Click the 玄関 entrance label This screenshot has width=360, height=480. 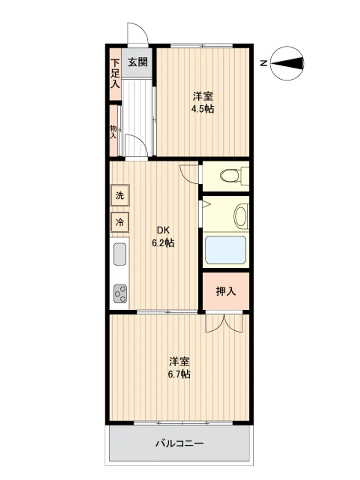(x=138, y=62)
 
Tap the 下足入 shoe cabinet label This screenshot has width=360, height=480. (x=115, y=73)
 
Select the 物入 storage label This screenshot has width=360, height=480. (x=113, y=132)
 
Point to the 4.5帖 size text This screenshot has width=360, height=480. (x=203, y=108)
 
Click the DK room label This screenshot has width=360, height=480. (x=163, y=230)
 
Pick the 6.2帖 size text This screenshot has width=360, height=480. (x=163, y=243)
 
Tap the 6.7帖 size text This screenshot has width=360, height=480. (x=179, y=374)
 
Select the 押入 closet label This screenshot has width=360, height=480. (x=226, y=291)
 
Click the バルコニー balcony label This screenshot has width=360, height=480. (x=180, y=443)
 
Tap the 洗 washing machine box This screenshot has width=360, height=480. (x=120, y=195)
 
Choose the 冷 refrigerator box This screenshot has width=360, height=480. (x=120, y=222)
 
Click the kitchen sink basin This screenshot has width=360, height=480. (x=120, y=254)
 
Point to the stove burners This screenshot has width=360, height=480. (x=120, y=294)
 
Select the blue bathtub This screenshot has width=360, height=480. (x=226, y=250)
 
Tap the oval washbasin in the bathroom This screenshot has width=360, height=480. (x=241, y=216)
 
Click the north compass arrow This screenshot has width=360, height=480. (x=287, y=63)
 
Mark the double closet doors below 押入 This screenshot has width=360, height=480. (x=224, y=323)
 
